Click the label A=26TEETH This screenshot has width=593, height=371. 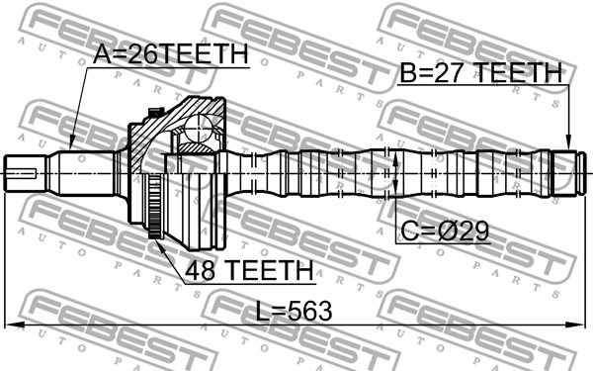pyautogui.click(x=171, y=56)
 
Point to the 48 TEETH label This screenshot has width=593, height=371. pyautogui.click(x=242, y=269)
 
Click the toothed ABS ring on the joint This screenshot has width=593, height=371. pyautogui.click(x=155, y=209)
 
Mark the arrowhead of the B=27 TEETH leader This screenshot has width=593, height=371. pyautogui.click(x=568, y=147)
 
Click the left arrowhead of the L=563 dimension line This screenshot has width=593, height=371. pyautogui.click(x=12, y=325)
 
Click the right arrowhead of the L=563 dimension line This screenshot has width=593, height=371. pyautogui.click(x=580, y=325)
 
